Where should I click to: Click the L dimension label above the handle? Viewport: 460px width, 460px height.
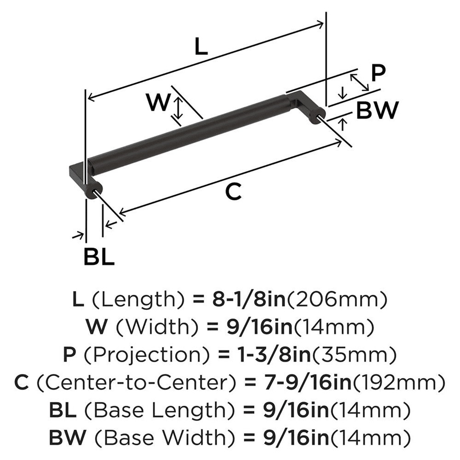click(201, 47)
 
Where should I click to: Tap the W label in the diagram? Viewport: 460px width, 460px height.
click(158, 103)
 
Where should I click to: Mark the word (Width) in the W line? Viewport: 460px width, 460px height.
click(149, 328)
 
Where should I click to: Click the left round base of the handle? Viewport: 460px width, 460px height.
click(94, 190)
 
